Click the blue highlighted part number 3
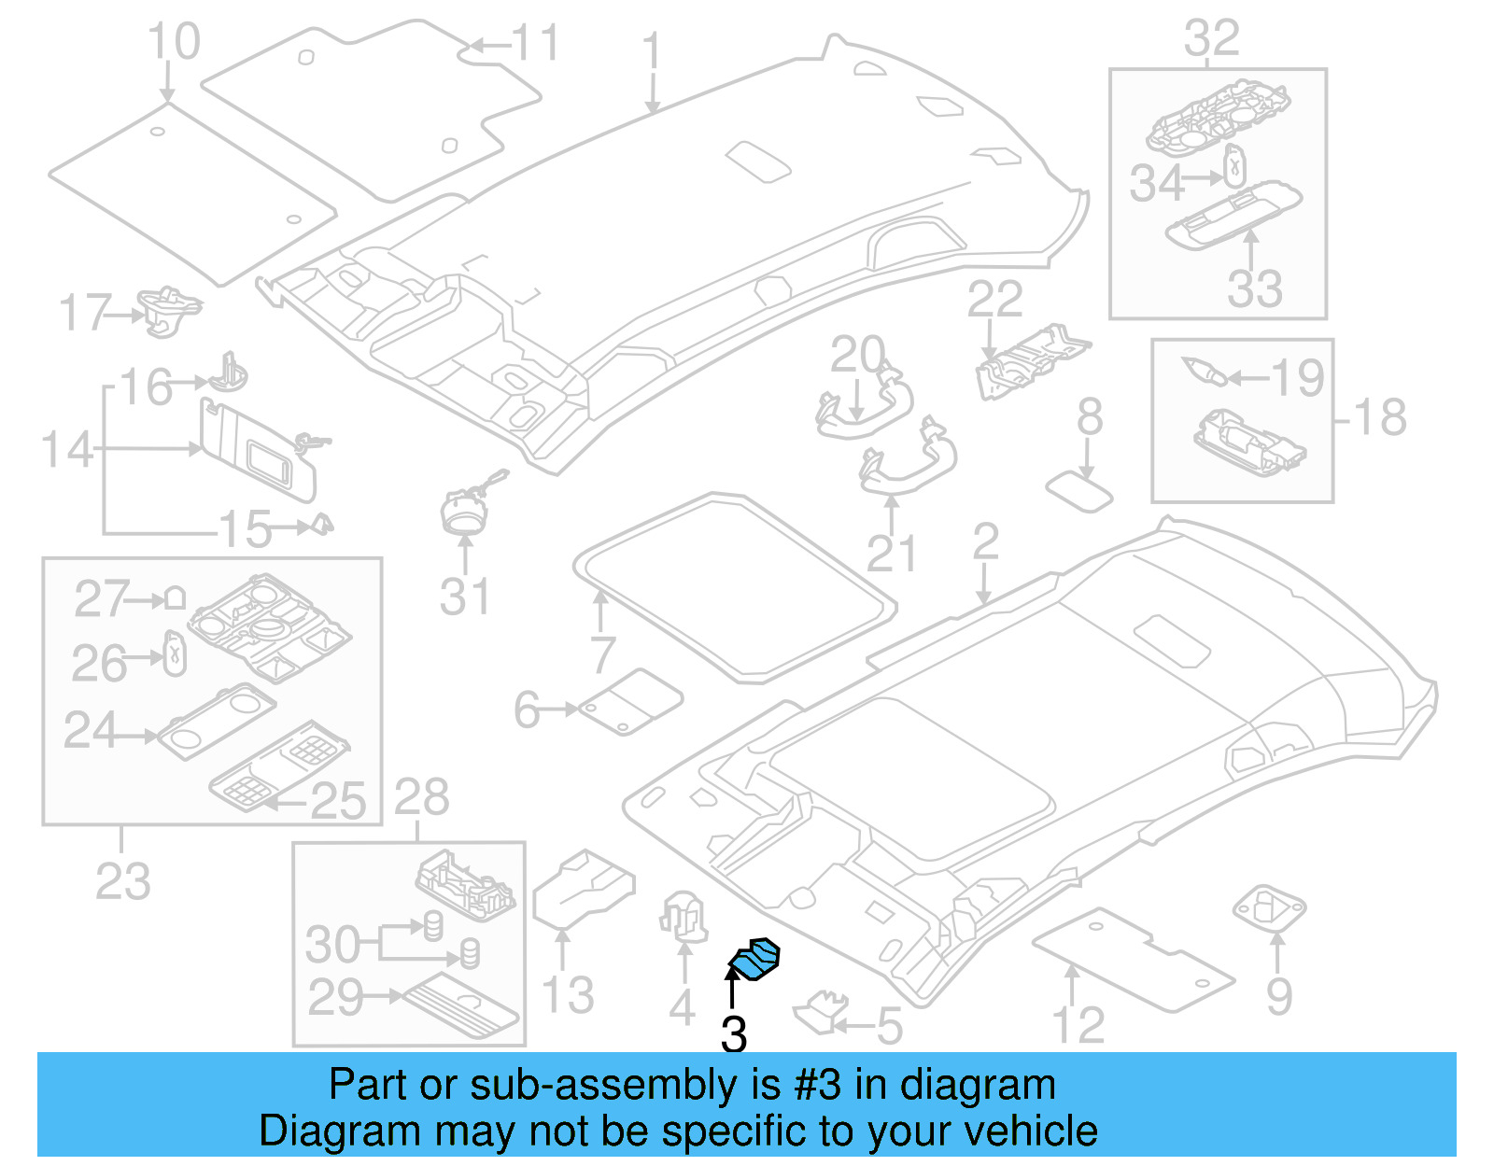(x=754, y=960)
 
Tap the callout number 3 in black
(x=734, y=1034)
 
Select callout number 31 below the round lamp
(x=464, y=597)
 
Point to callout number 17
(x=85, y=313)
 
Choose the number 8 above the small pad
(x=1090, y=417)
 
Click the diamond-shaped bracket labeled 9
(x=1270, y=907)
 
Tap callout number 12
(x=1078, y=1024)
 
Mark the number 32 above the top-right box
(x=1212, y=39)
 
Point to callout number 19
(x=1298, y=377)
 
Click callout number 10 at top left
(x=174, y=42)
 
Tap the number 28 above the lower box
(x=421, y=798)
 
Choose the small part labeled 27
(x=175, y=598)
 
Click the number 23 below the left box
(x=122, y=880)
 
